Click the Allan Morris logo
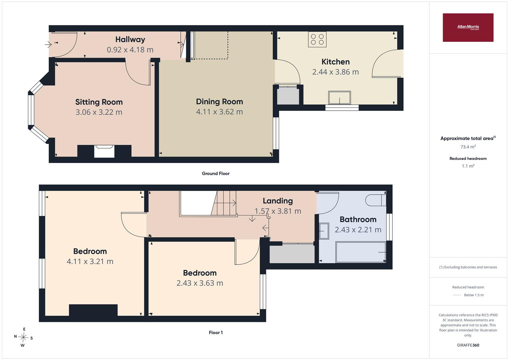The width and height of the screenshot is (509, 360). pyautogui.click(x=468, y=27)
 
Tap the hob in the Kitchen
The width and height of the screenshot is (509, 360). pyautogui.click(x=317, y=39)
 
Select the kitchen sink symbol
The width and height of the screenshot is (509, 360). pyautogui.click(x=339, y=98)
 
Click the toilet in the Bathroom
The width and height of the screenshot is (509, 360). pyautogui.click(x=376, y=200)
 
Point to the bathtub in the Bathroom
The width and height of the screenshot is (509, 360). pyautogui.click(x=361, y=252)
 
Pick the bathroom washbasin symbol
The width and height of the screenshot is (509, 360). pyautogui.click(x=324, y=231)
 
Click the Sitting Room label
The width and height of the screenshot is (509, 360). pyautogui.click(x=99, y=102)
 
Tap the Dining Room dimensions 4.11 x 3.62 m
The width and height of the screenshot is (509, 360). pyautogui.click(x=219, y=112)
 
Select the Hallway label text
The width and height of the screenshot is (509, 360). pyautogui.click(x=130, y=40)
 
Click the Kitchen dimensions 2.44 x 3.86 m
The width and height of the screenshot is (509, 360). pyautogui.click(x=335, y=72)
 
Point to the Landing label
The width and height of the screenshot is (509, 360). pyautogui.click(x=278, y=201)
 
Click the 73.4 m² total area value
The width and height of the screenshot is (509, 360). pyautogui.click(x=468, y=147)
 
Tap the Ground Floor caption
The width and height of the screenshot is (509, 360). pyautogui.click(x=216, y=173)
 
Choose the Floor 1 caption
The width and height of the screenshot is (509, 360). pyautogui.click(x=216, y=333)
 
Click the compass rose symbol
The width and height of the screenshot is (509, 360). pyautogui.click(x=23, y=337)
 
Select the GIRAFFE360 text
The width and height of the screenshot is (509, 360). pyautogui.click(x=468, y=345)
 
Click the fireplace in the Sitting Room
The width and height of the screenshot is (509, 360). pyautogui.click(x=104, y=151)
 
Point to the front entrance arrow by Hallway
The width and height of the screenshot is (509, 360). pyautogui.click(x=48, y=44)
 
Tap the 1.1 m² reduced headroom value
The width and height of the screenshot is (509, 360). pyautogui.click(x=468, y=166)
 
